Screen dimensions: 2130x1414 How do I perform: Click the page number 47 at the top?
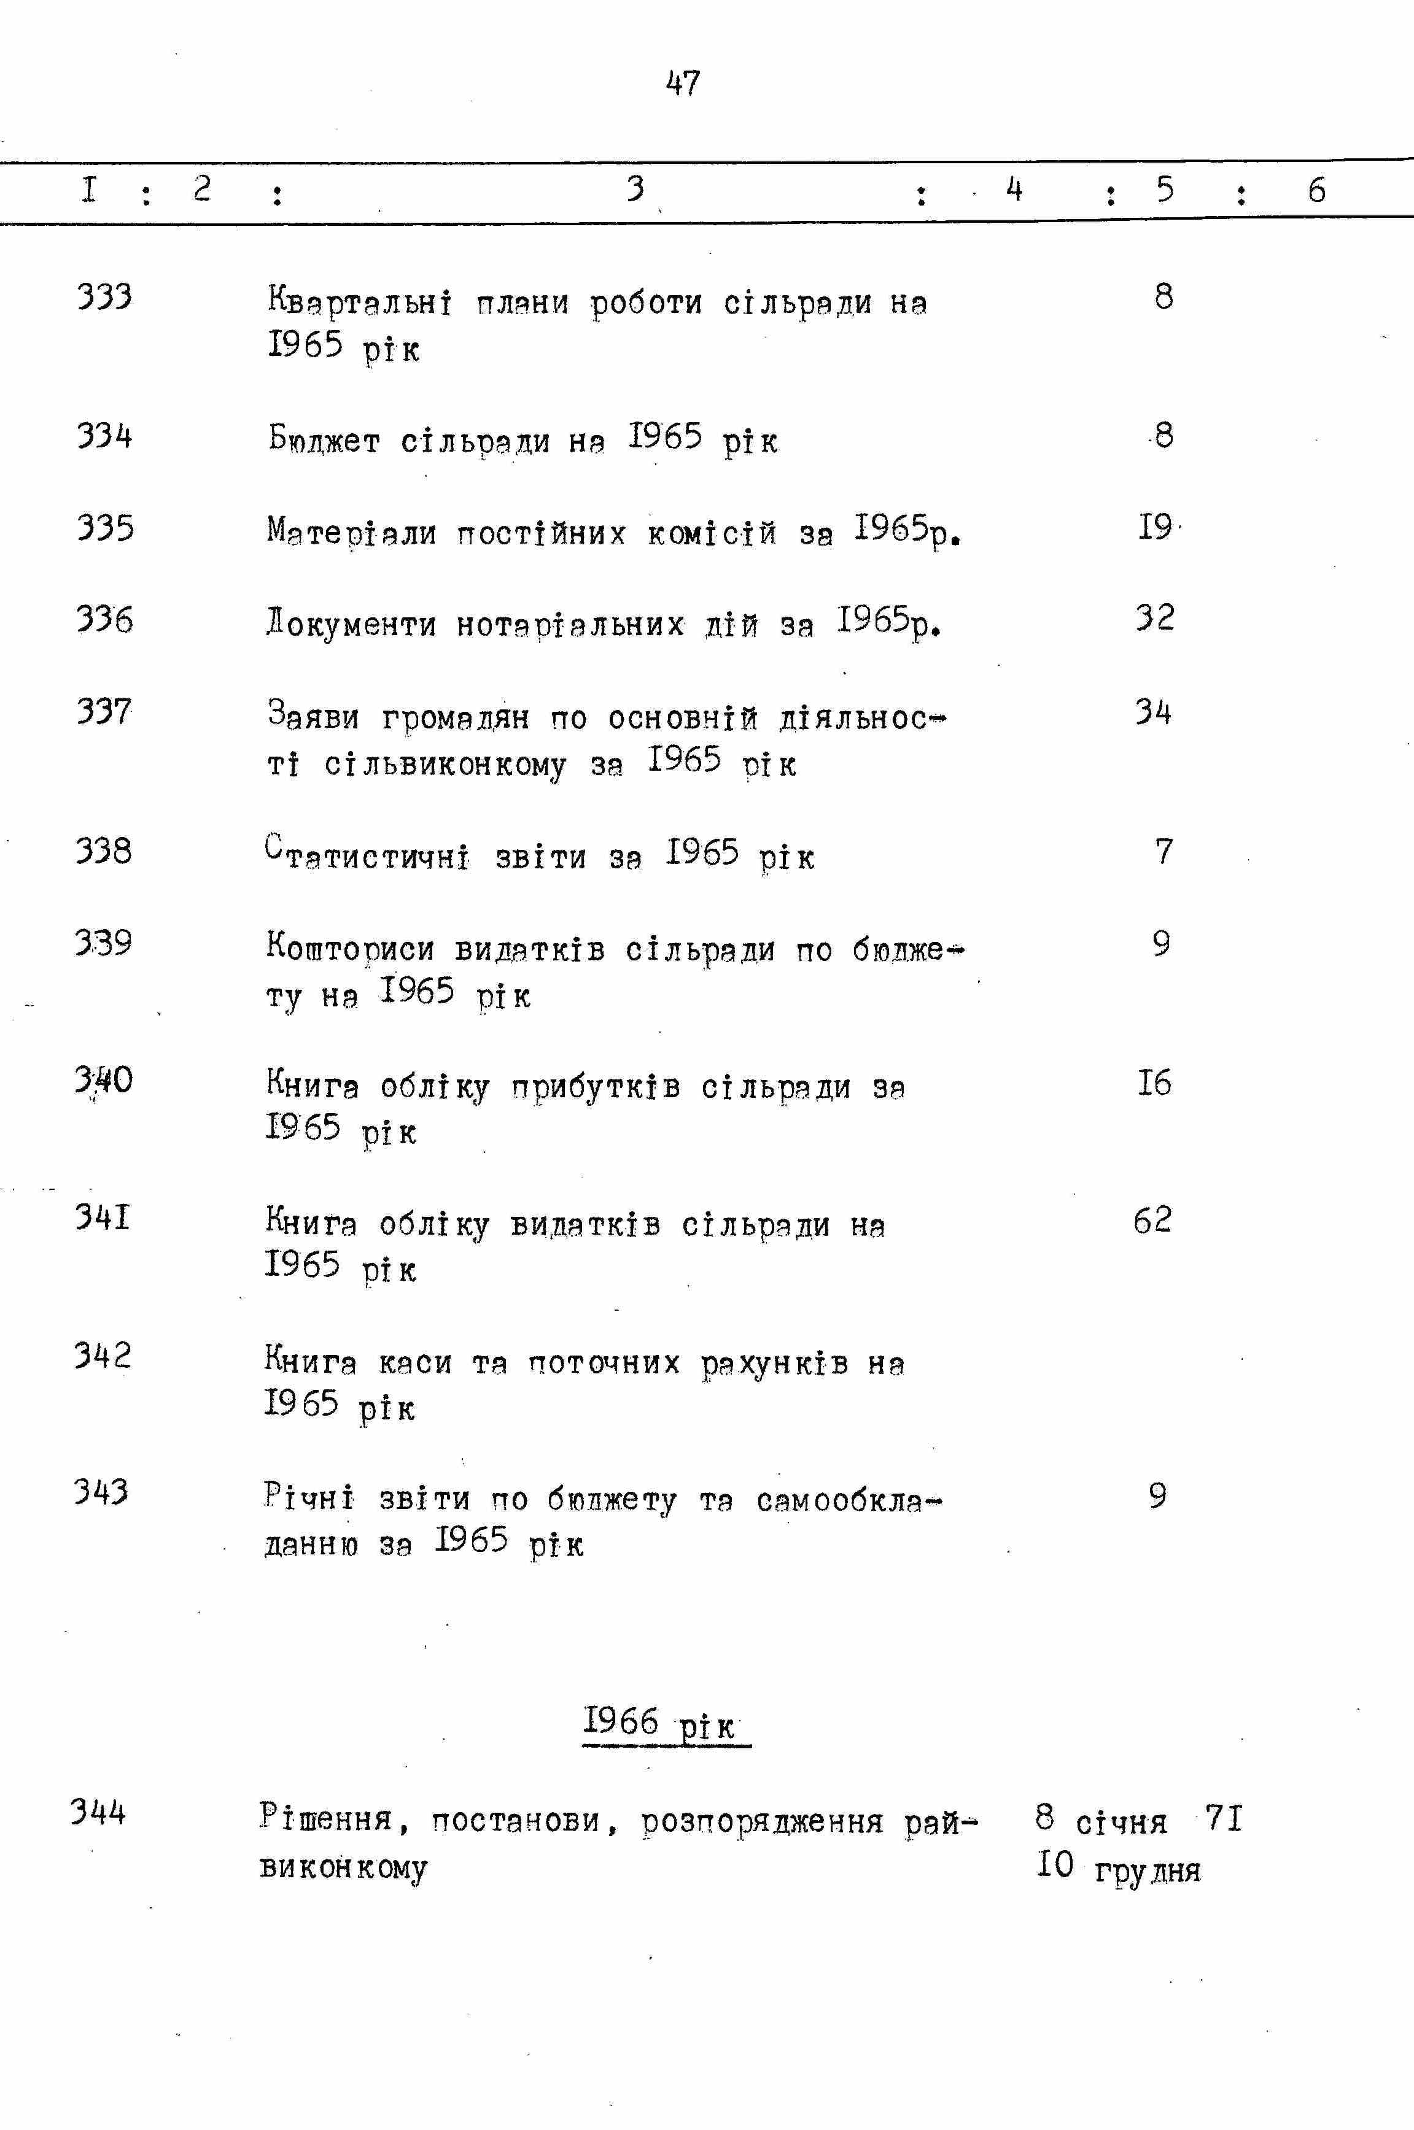(683, 83)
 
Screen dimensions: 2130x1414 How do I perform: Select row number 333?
(104, 296)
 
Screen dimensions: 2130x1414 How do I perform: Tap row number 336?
(104, 619)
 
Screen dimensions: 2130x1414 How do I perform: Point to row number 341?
(103, 1217)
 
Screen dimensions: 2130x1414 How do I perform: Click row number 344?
(99, 1811)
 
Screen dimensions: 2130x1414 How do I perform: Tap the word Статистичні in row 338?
(368, 855)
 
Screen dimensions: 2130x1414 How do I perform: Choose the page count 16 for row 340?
(1154, 1082)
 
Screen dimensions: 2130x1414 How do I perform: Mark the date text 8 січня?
(1101, 1820)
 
